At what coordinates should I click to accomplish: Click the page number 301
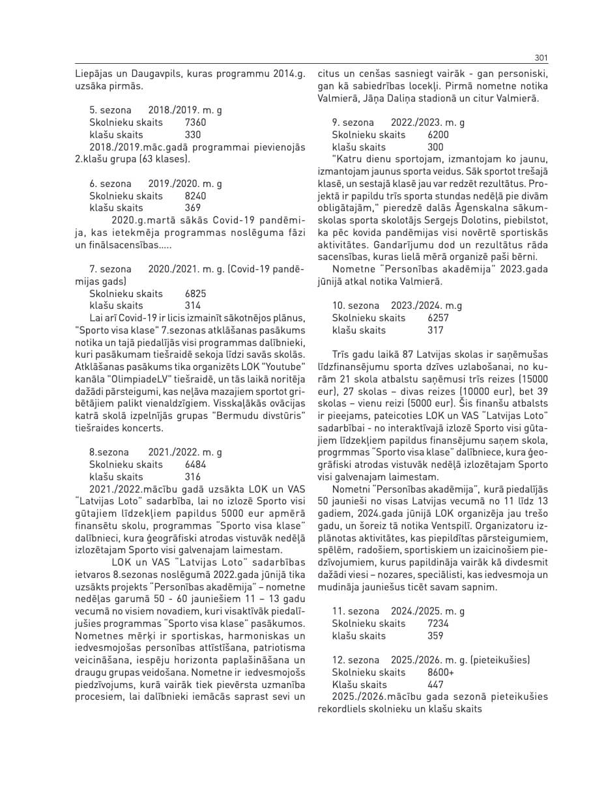[541, 56]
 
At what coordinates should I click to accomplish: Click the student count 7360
[195, 123]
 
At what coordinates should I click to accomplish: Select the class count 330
[193, 134]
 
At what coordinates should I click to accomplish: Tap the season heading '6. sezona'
[110, 184]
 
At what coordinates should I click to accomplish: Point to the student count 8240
[195, 195]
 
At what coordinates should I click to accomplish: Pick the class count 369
[193, 208]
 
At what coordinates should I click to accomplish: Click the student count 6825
[195, 293]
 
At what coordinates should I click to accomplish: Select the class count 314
[193, 305]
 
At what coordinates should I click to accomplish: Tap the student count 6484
[195, 464]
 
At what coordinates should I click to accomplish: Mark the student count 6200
[438, 135]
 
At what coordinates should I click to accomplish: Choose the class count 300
[435, 147]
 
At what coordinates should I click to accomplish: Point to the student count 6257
[438, 318]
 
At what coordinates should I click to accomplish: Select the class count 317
[435, 330]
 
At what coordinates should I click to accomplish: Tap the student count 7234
[438, 624]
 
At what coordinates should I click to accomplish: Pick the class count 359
[435, 635]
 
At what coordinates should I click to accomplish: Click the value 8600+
[441, 672]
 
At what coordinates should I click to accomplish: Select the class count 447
[435, 684]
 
